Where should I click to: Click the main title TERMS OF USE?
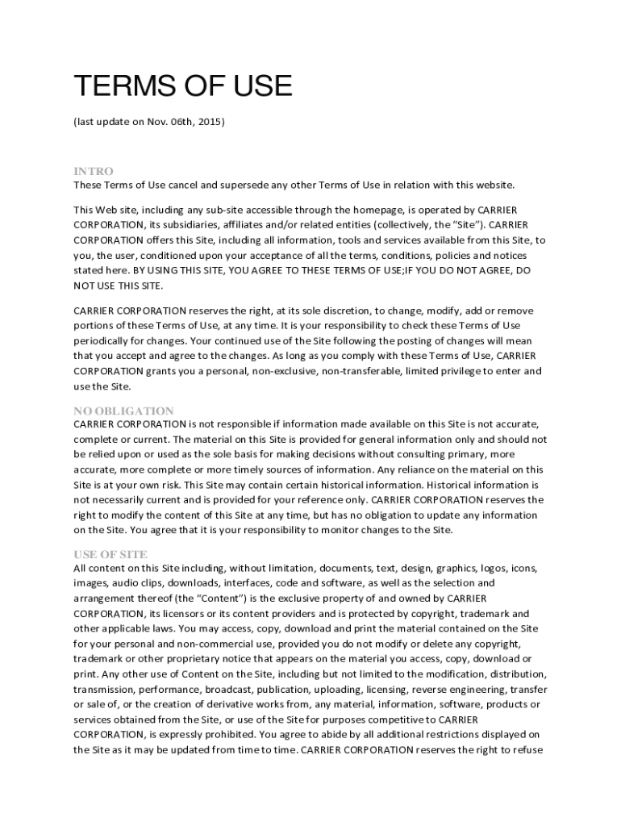182,86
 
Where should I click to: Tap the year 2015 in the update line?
210,122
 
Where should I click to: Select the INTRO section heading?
94,171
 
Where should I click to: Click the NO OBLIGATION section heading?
123,411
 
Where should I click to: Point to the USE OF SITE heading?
110,554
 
